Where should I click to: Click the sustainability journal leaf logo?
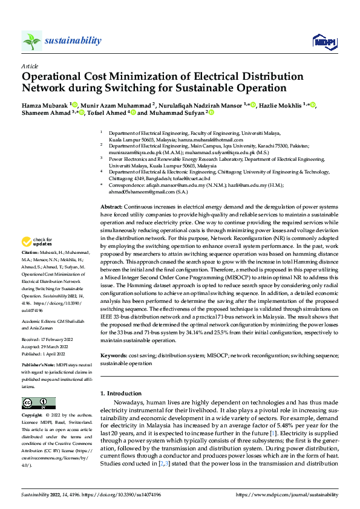pyautogui.click(x=31, y=41)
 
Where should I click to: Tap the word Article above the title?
pyautogui.click(x=29, y=65)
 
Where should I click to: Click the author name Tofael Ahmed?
pyautogui.click(x=106, y=112)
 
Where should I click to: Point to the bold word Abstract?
pyautogui.click(x=113, y=207)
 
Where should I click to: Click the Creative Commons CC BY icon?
pyautogui.click(x=39, y=403)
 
